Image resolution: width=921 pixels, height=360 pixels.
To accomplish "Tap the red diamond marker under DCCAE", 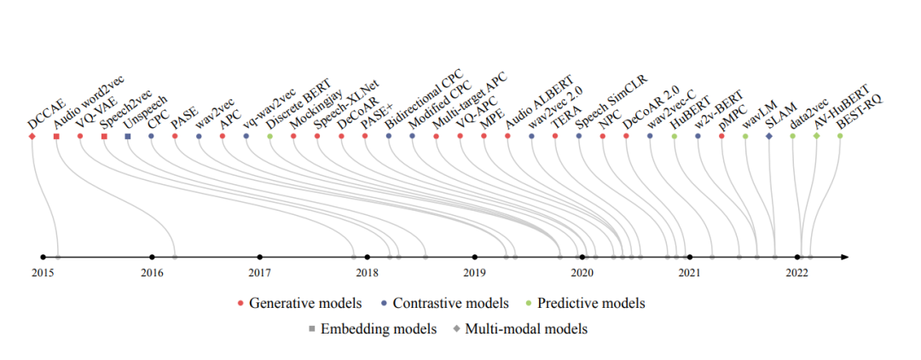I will tap(32, 136).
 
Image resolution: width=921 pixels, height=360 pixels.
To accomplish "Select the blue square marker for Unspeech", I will tap(128, 136).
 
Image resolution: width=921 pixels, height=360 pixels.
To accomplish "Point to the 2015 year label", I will tap(43, 273).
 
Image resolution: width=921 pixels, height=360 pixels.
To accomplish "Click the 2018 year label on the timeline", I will tap(367, 273).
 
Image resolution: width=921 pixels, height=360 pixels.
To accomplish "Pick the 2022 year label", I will tap(797, 273).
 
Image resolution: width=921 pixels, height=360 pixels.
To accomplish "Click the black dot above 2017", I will tap(259, 257).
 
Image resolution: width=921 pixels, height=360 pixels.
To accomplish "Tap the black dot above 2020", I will tap(582, 257).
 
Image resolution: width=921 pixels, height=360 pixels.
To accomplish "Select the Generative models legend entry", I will tap(305, 304).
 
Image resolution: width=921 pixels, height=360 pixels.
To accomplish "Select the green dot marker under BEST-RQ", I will tap(840, 136).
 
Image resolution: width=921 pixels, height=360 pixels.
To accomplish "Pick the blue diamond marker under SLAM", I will tap(769, 136).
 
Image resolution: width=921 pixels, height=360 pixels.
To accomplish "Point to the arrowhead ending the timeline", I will tap(843, 257).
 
